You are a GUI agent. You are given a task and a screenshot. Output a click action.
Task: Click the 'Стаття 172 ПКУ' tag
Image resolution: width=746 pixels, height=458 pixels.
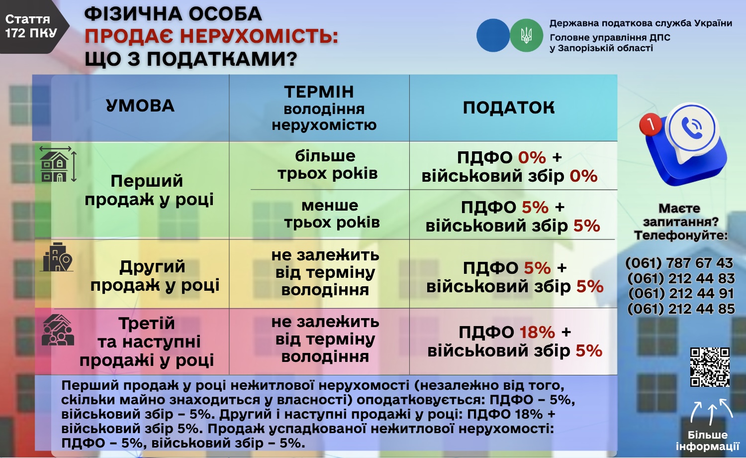(x=29, y=26)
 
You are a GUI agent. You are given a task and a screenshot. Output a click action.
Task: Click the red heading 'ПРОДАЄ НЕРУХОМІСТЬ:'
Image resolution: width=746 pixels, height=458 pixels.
(x=211, y=36)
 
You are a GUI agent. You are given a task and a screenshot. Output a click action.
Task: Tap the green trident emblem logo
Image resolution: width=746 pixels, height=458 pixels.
(x=526, y=35)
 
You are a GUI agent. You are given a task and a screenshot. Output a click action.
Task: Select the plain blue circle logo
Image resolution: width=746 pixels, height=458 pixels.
(x=493, y=35)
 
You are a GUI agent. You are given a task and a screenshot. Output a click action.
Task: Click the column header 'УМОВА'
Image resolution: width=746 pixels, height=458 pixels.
(x=140, y=106)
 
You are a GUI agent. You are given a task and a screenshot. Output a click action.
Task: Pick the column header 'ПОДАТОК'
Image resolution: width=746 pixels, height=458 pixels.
(x=508, y=108)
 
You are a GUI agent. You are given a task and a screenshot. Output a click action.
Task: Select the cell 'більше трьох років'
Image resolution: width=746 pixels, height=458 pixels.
(x=327, y=165)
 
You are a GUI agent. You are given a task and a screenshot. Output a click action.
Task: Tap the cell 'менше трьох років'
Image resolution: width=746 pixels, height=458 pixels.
(x=331, y=214)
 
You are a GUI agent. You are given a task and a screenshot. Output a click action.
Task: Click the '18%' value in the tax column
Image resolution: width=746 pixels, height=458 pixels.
(x=537, y=332)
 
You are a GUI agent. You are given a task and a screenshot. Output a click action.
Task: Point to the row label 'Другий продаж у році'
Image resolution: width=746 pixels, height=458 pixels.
(x=154, y=276)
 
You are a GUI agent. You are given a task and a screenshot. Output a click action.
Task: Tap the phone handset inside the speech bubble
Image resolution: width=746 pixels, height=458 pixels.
(x=691, y=128)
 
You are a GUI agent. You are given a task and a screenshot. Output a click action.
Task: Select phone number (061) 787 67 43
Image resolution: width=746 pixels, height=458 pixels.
(x=680, y=263)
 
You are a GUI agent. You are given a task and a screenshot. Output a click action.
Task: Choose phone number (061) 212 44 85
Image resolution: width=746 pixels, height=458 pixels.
(x=681, y=309)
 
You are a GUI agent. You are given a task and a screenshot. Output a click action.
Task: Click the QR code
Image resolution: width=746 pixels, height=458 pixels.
(x=710, y=367)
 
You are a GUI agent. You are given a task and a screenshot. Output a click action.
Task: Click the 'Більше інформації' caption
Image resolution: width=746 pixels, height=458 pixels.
(x=707, y=441)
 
